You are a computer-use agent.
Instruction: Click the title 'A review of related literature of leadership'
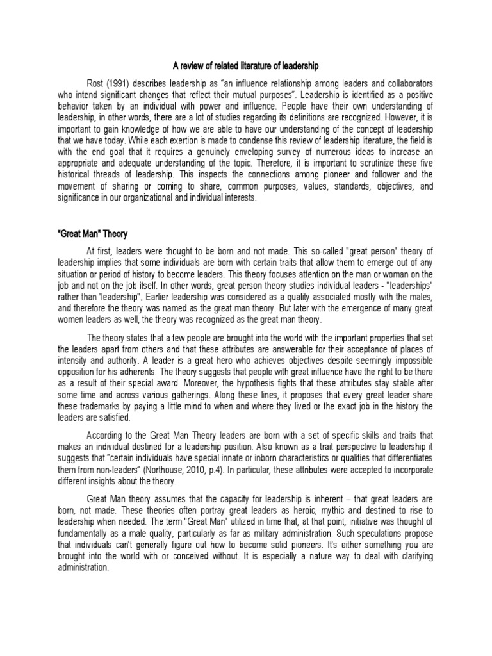click(x=246, y=66)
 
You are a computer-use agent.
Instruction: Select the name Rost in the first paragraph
click(x=96, y=84)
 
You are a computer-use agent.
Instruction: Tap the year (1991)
click(x=121, y=84)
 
